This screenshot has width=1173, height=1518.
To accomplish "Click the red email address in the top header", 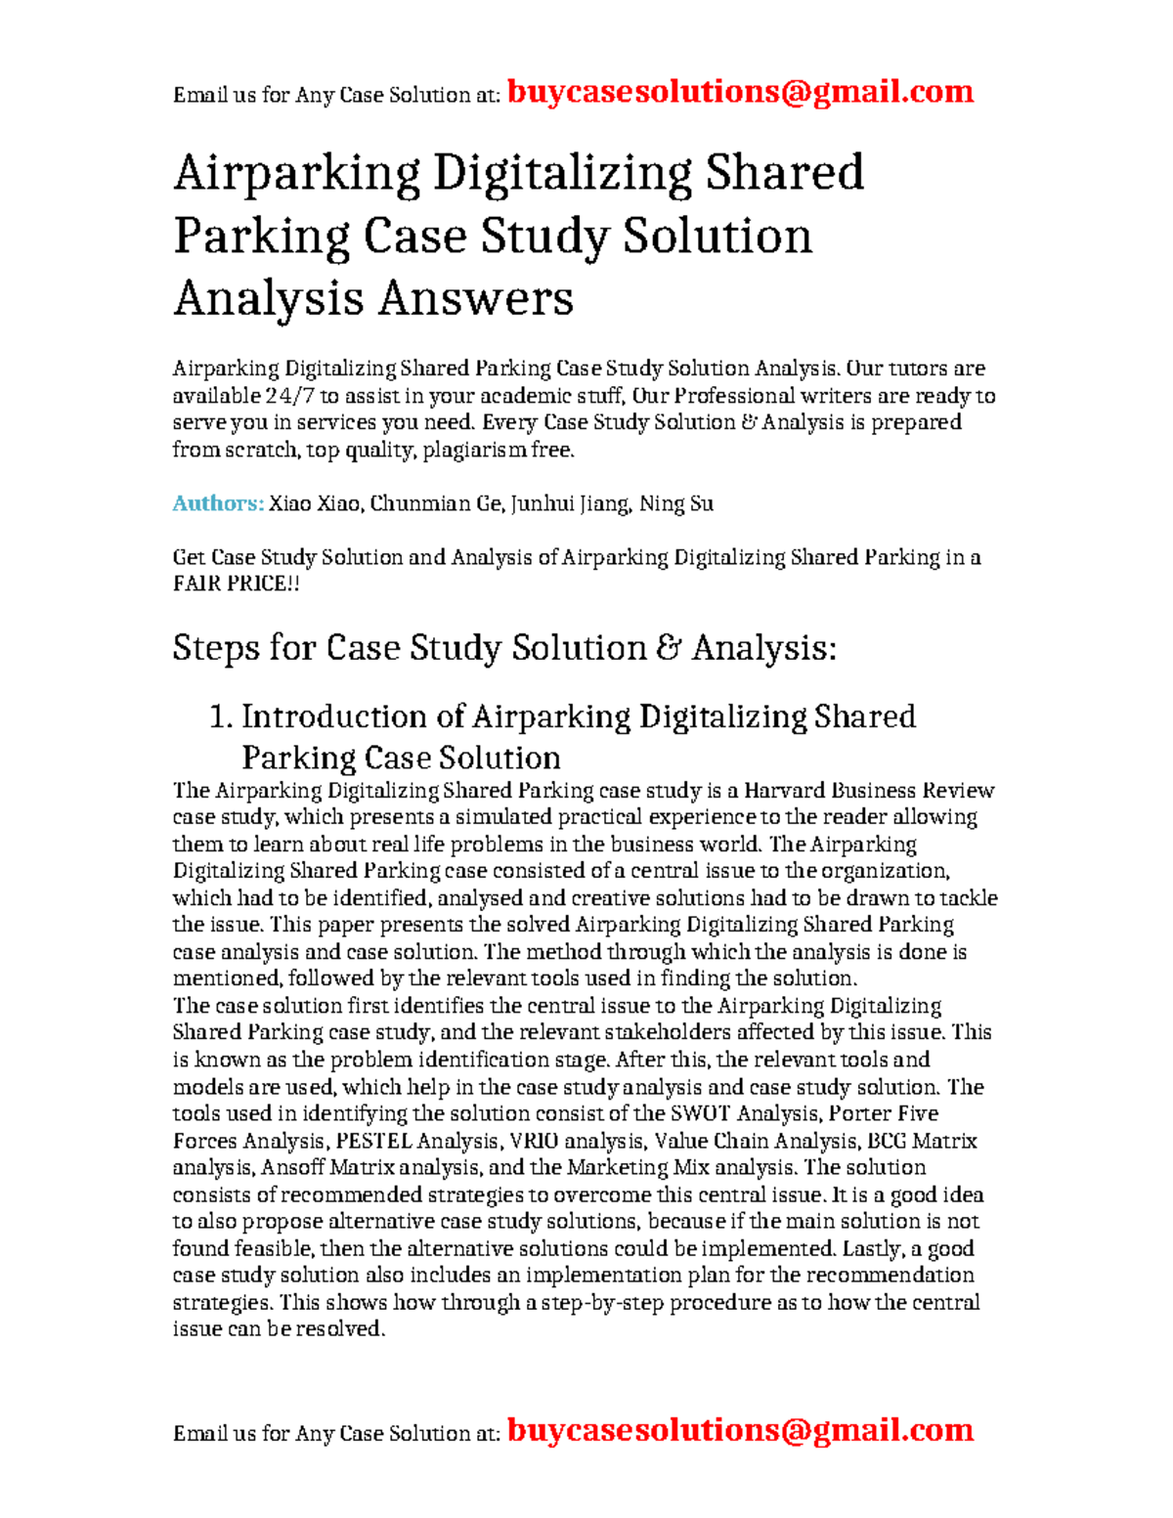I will tap(740, 92).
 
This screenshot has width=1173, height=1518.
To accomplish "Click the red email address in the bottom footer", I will tap(740, 1430).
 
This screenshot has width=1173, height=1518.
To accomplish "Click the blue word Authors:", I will tap(218, 503).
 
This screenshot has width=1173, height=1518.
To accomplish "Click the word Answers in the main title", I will tap(475, 297).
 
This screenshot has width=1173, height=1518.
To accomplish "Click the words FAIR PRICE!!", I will tap(236, 584).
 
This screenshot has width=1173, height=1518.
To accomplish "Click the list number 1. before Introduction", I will tap(221, 716).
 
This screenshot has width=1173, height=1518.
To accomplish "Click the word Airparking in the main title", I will tap(296, 173).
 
